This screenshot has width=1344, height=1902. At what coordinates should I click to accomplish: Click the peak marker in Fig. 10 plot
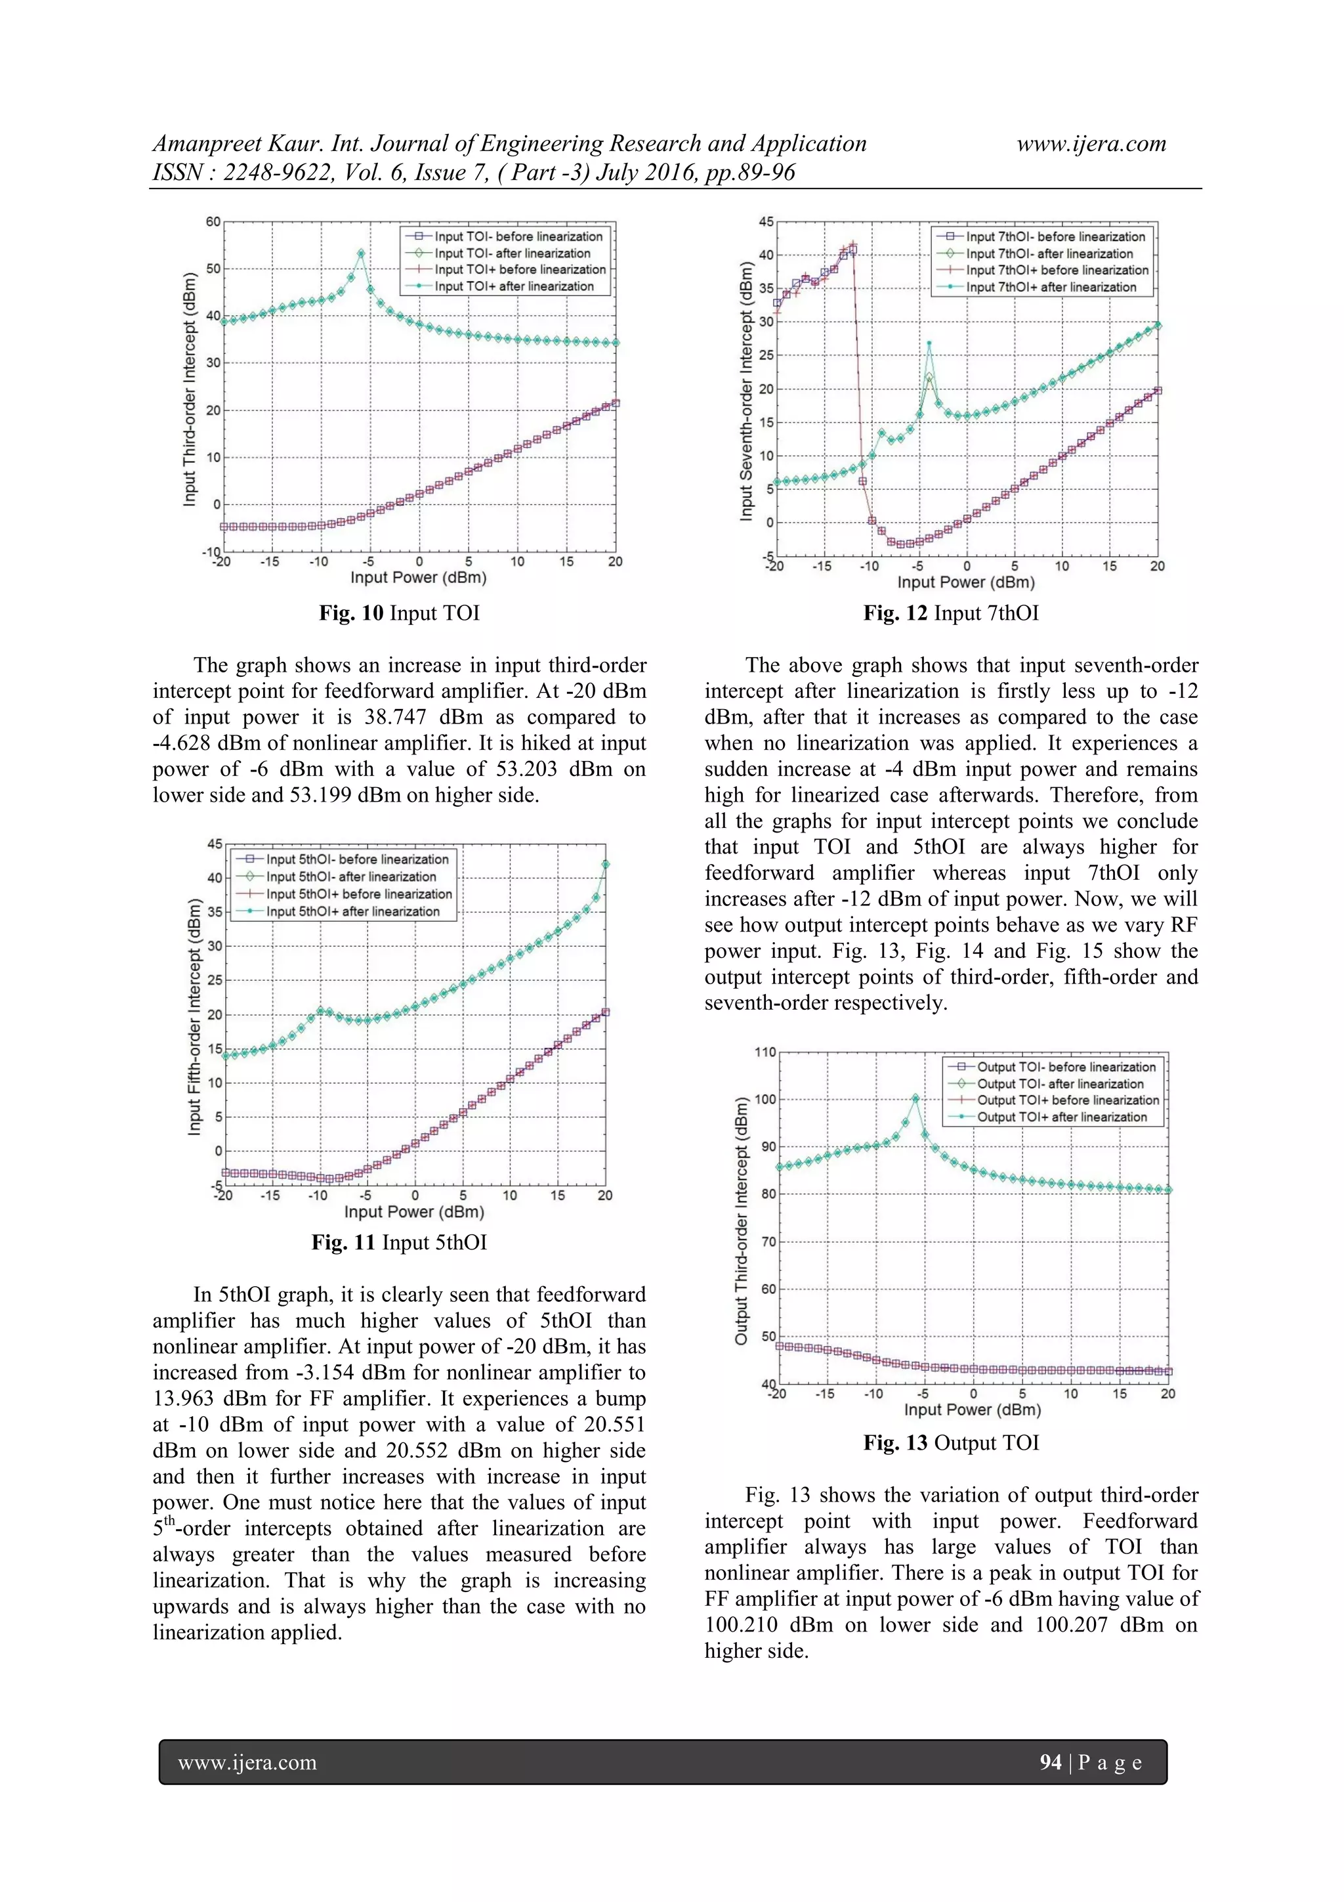click(361, 253)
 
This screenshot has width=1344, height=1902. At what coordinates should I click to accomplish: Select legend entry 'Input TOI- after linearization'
click(512, 253)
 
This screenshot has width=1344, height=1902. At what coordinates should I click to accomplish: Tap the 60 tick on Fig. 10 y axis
click(213, 222)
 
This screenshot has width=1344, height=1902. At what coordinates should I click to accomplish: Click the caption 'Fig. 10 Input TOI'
click(399, 613)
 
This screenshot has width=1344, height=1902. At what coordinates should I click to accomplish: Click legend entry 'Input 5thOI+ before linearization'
click(358, 894)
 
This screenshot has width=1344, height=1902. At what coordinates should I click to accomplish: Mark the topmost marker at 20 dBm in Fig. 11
click(605, 864)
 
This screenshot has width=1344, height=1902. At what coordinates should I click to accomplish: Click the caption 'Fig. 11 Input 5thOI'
click(399, 1243)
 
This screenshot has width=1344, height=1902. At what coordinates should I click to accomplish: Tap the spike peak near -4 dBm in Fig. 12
click(929, 343)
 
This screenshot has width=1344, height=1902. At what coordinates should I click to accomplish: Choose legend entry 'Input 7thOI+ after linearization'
click(1050, 288)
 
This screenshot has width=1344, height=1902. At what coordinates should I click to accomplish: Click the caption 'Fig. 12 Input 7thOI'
click(951, 613)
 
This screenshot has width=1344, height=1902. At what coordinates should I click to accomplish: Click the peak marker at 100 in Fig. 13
click(915, 1098)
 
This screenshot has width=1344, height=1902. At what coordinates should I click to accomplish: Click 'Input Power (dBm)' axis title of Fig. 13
click(972, 1409)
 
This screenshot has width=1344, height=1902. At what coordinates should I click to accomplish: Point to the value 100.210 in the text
click(744, 1624)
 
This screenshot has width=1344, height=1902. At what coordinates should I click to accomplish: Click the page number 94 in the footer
click(1050, 1762)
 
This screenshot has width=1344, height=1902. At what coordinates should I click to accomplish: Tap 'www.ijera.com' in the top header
click(1091, 144)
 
